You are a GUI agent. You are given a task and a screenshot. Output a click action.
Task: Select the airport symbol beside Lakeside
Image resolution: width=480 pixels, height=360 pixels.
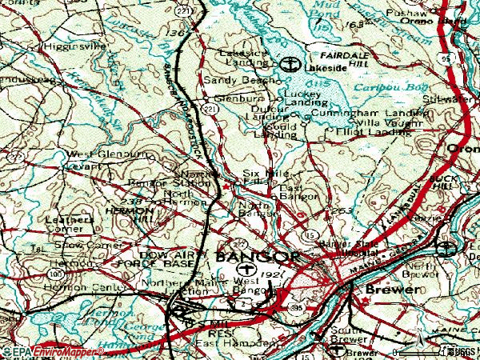[x=291, y=64]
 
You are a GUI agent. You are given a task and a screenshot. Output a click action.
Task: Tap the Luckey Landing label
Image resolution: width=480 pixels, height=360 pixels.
[x=302, y=98]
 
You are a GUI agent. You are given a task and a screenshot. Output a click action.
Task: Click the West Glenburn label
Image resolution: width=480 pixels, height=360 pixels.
[x=97, y=154]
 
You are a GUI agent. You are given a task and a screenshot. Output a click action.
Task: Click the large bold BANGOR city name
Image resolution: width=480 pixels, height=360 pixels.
[x=257, y=257]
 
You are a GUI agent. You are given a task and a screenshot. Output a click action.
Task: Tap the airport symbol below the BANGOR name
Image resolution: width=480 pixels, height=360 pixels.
[x=242, y=271]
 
